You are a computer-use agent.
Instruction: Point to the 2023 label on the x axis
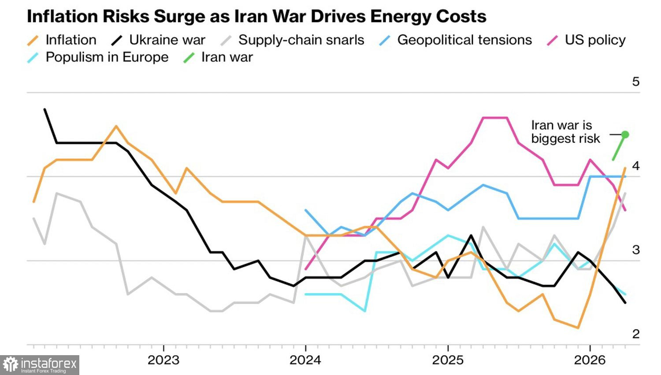pyautogui.click(x=163, y=360)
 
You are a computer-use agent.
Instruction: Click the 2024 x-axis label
pyautogui.click(x=305, y=360)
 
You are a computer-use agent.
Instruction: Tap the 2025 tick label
pyautogui.click(x=448, y=360)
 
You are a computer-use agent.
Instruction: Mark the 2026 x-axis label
pyautogui.click(x=590, y=360)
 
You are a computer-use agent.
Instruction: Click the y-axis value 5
pyautogui.click(x=635, y=82)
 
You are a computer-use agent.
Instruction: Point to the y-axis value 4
pyautogui.click(x=635, y=166)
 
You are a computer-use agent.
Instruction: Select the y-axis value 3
pyautogui.click(x=635, y=250)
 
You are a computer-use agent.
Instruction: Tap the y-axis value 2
pyautogui.click(x=635, y=334)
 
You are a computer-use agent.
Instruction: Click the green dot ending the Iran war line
pyautogui.click(x=625, y=135)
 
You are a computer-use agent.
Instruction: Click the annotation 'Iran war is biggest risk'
pyautogui.click(x=565, y=132)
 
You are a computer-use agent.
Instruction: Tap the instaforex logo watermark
pyautogui.click(x=40, y=365)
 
